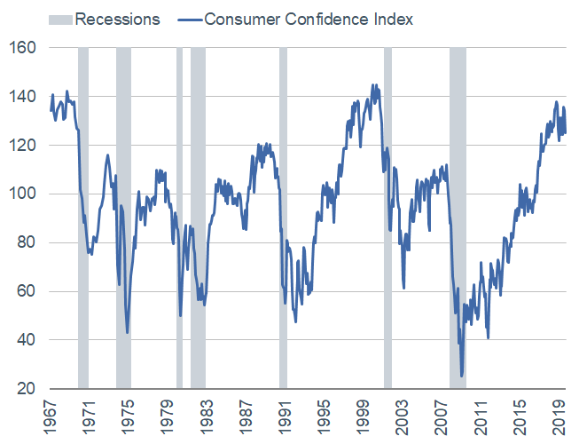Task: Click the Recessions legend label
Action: [x=118, y=19]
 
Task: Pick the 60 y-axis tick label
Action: [x=26, y=291]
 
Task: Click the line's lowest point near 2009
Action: [x=462, y=376]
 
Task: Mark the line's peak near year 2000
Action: [x=373, y=85]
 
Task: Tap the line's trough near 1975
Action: [x=128, y=333]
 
